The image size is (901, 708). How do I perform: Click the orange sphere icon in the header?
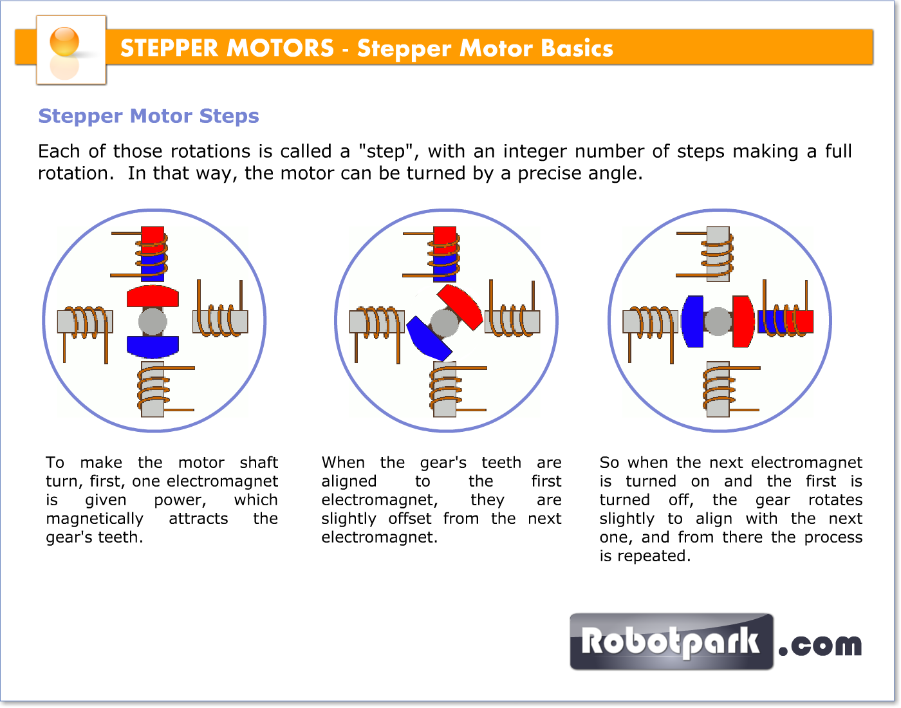coord(64,42)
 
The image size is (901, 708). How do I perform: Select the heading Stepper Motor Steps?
coord(149,116)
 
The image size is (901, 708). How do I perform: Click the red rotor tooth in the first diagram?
coord(153,296)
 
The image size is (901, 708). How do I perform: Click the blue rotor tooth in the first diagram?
coord(153,346)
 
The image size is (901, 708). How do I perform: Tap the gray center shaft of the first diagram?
coord(153,321)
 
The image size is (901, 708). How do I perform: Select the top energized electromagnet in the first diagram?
coord(153,253)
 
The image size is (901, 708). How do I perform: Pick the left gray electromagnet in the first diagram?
coord(85,321)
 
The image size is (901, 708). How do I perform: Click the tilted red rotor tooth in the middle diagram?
coord(460,306)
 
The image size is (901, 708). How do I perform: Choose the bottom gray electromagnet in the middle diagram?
coord(445,389)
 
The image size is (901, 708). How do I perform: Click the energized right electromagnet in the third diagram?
coord(786,321)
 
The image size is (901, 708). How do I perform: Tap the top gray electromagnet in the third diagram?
coord(718,253)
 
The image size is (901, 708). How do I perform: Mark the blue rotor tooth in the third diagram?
coord(692,321)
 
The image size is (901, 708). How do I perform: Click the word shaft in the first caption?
coord(259,462)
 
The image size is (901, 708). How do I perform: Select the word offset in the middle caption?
coord(410,518)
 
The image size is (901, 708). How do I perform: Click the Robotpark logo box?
coord(671,642)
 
